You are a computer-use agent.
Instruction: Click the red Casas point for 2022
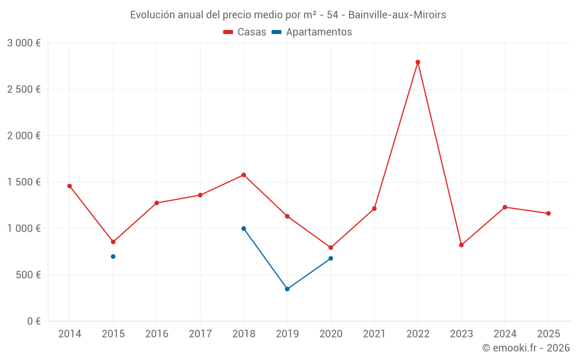tap(418, 62)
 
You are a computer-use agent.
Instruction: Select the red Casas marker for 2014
tap(70, 186)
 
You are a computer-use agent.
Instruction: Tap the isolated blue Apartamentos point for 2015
tap(113, 256)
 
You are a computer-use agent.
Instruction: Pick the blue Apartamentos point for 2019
tap(287, 289)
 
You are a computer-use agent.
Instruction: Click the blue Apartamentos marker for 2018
tap(244, 229)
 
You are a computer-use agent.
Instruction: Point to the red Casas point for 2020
tap(331, 248)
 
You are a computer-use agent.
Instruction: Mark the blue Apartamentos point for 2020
tap(331, 259)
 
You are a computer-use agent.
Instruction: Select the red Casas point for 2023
tap(461, 245)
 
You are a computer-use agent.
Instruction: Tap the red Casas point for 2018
tap(244, 175)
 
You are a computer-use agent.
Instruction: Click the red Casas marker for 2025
tap(548, 214)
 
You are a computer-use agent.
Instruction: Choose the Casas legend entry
tap(245, 32)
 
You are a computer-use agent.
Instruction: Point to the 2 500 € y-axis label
tap(24, 89)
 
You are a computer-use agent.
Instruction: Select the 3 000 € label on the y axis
tap(24, 43)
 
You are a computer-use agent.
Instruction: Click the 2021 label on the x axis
tap(374, 334)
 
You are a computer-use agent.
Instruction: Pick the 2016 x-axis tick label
tap(157, 334)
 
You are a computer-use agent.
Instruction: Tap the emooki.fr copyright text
tap(526, 348)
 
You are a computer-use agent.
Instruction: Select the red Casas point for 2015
tap(113, 242)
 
